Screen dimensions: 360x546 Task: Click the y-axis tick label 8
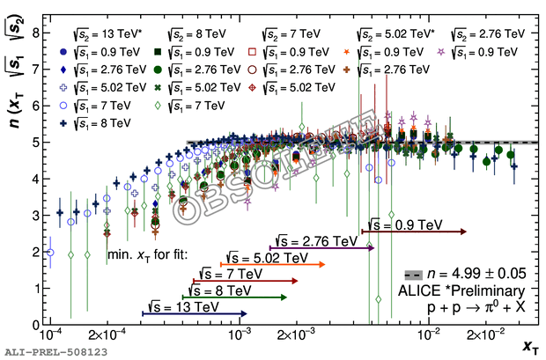point(34,32)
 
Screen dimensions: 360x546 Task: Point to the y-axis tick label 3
point(34,215)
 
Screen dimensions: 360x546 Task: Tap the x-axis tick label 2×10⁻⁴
point(107,336)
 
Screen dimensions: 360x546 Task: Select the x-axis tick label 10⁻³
point(240,335)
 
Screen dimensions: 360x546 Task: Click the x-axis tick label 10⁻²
point(429,335)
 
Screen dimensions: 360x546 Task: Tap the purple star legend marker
point(456,52)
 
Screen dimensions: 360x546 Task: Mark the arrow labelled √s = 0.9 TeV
point(413,231)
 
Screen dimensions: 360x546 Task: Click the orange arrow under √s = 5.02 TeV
point(272,264)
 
